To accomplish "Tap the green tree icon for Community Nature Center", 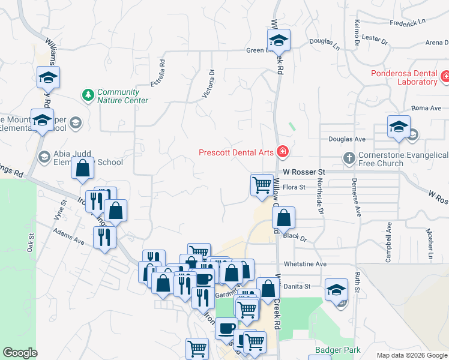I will (88, 95).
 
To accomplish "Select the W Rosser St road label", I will (303, 172).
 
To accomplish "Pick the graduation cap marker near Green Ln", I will (279, 41).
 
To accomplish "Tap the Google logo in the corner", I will (20, 353).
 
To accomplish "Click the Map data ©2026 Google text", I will (412, 355).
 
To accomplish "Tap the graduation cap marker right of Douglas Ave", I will (398, 127).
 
